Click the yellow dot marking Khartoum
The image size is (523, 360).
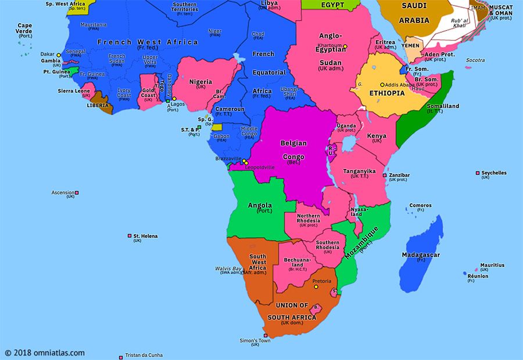point(345,46)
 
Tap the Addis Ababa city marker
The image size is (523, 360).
point(382,85)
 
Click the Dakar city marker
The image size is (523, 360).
point(59,55)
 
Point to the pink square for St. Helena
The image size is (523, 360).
point(129,236)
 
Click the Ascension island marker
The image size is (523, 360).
point(77,193)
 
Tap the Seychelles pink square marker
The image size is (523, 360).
point(478,173)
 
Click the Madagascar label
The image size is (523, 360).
point(421,255)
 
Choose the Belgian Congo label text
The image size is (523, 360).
point(293,149)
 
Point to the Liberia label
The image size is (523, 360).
point(97,106)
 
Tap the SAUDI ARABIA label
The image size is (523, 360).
point(414,12)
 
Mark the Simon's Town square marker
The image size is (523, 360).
point(265,335)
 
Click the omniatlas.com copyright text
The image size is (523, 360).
point(45,352)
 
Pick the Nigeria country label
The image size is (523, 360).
point(201,82)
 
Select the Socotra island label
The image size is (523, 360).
point(475,60)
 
